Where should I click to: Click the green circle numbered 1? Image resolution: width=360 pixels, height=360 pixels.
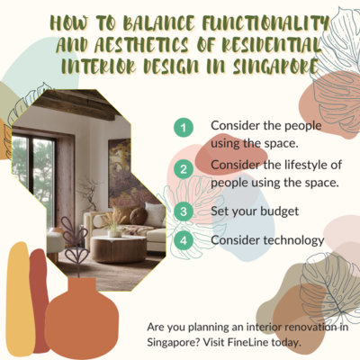(x=184, y=128)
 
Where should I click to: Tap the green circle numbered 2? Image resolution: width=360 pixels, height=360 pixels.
(x=184, y=169)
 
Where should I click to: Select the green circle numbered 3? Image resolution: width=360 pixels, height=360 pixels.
(x=184, y=211)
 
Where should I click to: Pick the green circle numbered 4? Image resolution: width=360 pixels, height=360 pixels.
(x=184, y=240)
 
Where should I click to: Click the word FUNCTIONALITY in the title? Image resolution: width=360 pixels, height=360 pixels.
(x=265, y=22)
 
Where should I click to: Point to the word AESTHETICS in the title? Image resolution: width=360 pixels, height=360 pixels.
(x=141, y=45)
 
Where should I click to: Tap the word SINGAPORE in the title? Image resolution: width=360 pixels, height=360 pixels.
(x=275, y=67)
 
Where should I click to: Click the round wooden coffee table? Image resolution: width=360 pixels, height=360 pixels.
(x=119, y=248)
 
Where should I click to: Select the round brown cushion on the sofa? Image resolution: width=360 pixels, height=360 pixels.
(x=139, y=216)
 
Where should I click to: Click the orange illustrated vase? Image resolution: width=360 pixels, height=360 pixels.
(x=82, y=312)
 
